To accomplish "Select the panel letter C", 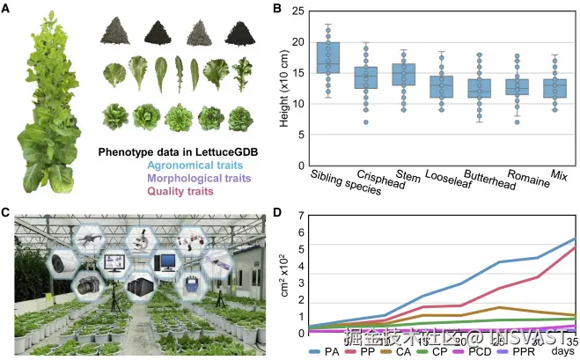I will click(7, 212).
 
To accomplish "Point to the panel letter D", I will click(278, 212).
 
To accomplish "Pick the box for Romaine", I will click(518, 86).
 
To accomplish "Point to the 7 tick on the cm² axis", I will click(303, 216).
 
